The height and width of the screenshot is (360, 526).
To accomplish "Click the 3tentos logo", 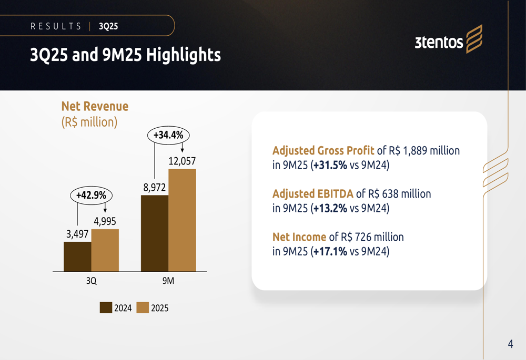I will pos(448,40).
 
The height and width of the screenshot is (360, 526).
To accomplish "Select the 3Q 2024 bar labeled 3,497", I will pos(77,256).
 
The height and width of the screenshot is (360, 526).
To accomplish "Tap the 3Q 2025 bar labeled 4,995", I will pos(105,250).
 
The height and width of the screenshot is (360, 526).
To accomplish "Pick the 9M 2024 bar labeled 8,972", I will pos(155,233).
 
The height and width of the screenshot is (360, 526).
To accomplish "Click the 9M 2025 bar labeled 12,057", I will pos(182,220).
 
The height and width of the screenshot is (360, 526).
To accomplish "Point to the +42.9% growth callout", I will pos(91,195).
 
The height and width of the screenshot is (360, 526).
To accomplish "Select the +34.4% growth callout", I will pos(168,135).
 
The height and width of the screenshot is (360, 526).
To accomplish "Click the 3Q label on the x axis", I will pos(92,281).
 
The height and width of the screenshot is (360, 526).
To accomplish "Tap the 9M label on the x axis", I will pos(168,281).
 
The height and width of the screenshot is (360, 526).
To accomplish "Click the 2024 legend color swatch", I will pos(106,308).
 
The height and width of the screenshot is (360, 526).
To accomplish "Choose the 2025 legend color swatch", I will pos(143,308).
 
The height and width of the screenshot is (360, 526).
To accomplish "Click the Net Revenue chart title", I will pos(95,106).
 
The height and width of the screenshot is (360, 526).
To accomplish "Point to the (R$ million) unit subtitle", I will pos(89,122).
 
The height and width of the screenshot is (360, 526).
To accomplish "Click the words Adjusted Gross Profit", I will pos(323,151).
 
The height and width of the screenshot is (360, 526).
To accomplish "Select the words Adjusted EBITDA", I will pos(312,194).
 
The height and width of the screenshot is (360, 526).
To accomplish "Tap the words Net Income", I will pos(299,237).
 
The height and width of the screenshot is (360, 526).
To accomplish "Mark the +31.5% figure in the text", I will pos(329,165).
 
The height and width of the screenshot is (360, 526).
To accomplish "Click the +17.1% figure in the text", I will pos(329,251).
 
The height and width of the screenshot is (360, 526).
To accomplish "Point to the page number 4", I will pos(510,344).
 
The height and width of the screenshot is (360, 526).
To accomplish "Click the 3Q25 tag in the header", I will pos(108,26).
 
